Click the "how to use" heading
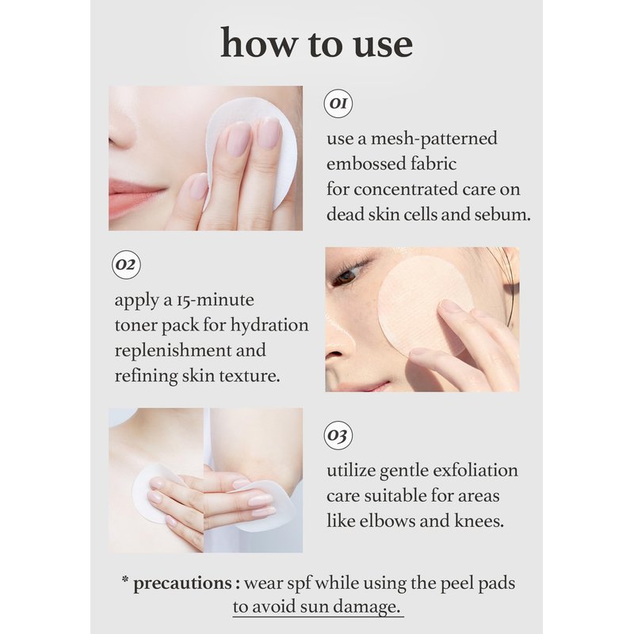click(x=316, y=43)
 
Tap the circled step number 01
click(x=338, y=104)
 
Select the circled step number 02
click(x=126, y=265)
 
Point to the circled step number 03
click(x=338, y=435)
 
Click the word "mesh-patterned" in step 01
click(x=433, y=139)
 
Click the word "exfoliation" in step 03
click(x=475, y=470)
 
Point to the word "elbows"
click(x=387, y=521)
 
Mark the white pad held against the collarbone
click(x=155, y=492)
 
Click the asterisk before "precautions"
click(x=125, y=580)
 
